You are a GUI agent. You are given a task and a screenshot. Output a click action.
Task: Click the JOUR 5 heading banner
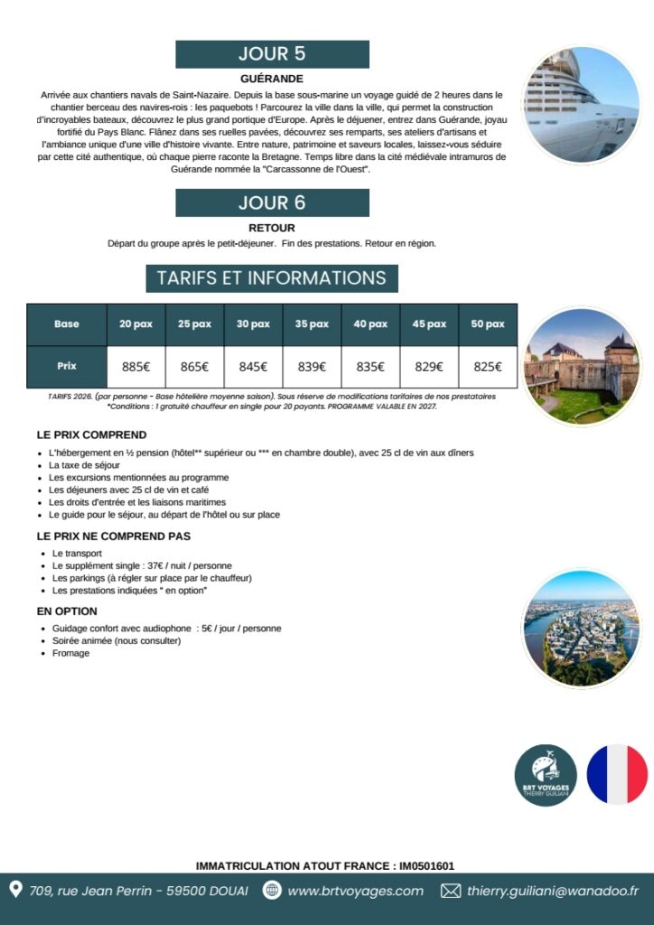coord(272,54)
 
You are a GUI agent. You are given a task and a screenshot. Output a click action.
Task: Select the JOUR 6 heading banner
coord(272,202)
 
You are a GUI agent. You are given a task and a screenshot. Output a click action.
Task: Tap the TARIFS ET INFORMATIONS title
coord(272,278)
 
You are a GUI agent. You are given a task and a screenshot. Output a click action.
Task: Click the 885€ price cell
coord(135,367)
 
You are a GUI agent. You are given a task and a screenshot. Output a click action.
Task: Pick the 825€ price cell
coord(488,367)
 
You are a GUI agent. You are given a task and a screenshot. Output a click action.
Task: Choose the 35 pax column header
coord(312,324)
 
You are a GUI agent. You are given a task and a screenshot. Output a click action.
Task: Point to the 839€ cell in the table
coord(312,367)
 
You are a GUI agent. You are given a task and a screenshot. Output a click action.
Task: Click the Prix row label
coord(66,367)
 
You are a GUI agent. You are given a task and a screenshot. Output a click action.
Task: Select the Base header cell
coord(66,324)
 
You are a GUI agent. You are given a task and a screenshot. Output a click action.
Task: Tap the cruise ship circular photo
coord(582,104)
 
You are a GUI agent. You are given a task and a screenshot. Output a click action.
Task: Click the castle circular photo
coord(582,367)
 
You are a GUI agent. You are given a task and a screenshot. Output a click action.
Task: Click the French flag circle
coord(617,775)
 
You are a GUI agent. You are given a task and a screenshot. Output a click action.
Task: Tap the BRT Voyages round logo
coord(546,775)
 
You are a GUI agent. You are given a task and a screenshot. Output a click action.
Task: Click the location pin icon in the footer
coord(15,891)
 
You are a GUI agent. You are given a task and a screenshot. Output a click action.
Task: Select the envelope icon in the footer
coord(450,891)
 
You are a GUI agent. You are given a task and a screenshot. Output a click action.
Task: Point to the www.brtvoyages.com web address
coord(355,891)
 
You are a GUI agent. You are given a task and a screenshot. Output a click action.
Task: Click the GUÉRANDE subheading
coord(272,79)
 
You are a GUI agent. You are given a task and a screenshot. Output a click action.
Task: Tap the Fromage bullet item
coord(71,653)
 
